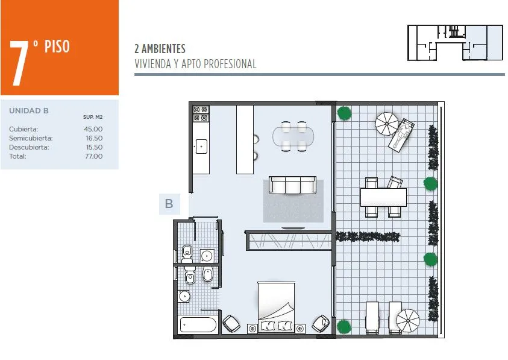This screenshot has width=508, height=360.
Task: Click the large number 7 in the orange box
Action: [x=19, y=63]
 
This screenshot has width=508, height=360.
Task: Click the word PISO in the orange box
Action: [x=57, y=46]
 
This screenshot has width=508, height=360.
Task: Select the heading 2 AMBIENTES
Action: [x=160, y=49]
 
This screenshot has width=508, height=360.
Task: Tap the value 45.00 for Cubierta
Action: [x=93, y=129]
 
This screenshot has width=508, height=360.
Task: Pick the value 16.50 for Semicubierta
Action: [x=94, y=138]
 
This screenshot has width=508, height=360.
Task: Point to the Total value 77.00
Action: [x=94, y=156]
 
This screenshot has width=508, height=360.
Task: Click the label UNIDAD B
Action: [x=29, y=111]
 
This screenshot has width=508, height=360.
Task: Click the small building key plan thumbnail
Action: [x=455, y=42]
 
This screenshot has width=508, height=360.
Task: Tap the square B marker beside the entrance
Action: [x=169, y=204]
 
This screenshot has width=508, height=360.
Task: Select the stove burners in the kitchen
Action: [x=201, y=113]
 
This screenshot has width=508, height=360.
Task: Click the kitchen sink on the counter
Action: [x=201, y=147]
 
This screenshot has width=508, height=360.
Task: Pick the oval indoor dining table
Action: [x=293, y=136]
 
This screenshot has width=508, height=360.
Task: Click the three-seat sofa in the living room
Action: [x=292, y=185]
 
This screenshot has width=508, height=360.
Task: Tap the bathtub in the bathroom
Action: [x=198, y=324]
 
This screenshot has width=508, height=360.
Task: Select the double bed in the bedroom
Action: [x=277, y=306]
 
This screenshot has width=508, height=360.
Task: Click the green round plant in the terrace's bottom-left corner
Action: [x=344, y=327]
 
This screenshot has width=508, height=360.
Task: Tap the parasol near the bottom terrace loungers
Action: [x=408, y=321]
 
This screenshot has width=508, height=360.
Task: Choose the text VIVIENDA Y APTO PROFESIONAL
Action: [x=195, y=64]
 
